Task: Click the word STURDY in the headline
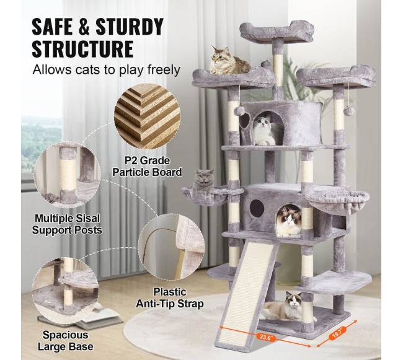(130, 27)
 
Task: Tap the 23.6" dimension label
(265, 337)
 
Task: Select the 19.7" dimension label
(337, 333)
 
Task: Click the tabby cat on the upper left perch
(229, 61)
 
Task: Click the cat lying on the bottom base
(286, 306)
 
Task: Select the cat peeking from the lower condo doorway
(289, 221)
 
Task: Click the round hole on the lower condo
(257, 208)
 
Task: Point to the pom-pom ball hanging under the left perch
(239, 111)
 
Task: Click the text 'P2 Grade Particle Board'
(148, 167)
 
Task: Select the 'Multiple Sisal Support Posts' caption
(67, 224)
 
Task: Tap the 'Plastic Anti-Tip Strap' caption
(170, 298)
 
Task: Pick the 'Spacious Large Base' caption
(66, 341)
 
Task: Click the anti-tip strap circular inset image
(172, 247)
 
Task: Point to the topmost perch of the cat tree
(277, 32)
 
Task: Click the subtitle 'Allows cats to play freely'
(106, 70)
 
